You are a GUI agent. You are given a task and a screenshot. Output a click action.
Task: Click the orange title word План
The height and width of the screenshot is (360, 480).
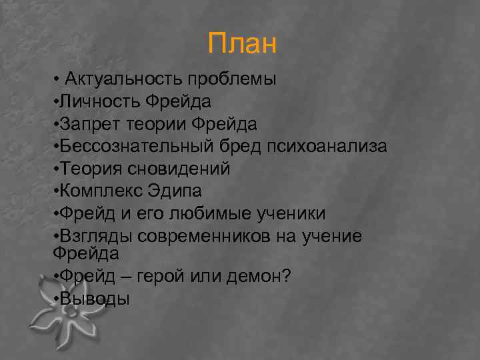[x=241, y=44]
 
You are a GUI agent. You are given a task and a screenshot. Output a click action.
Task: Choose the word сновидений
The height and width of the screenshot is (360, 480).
[x=186, y=169]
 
